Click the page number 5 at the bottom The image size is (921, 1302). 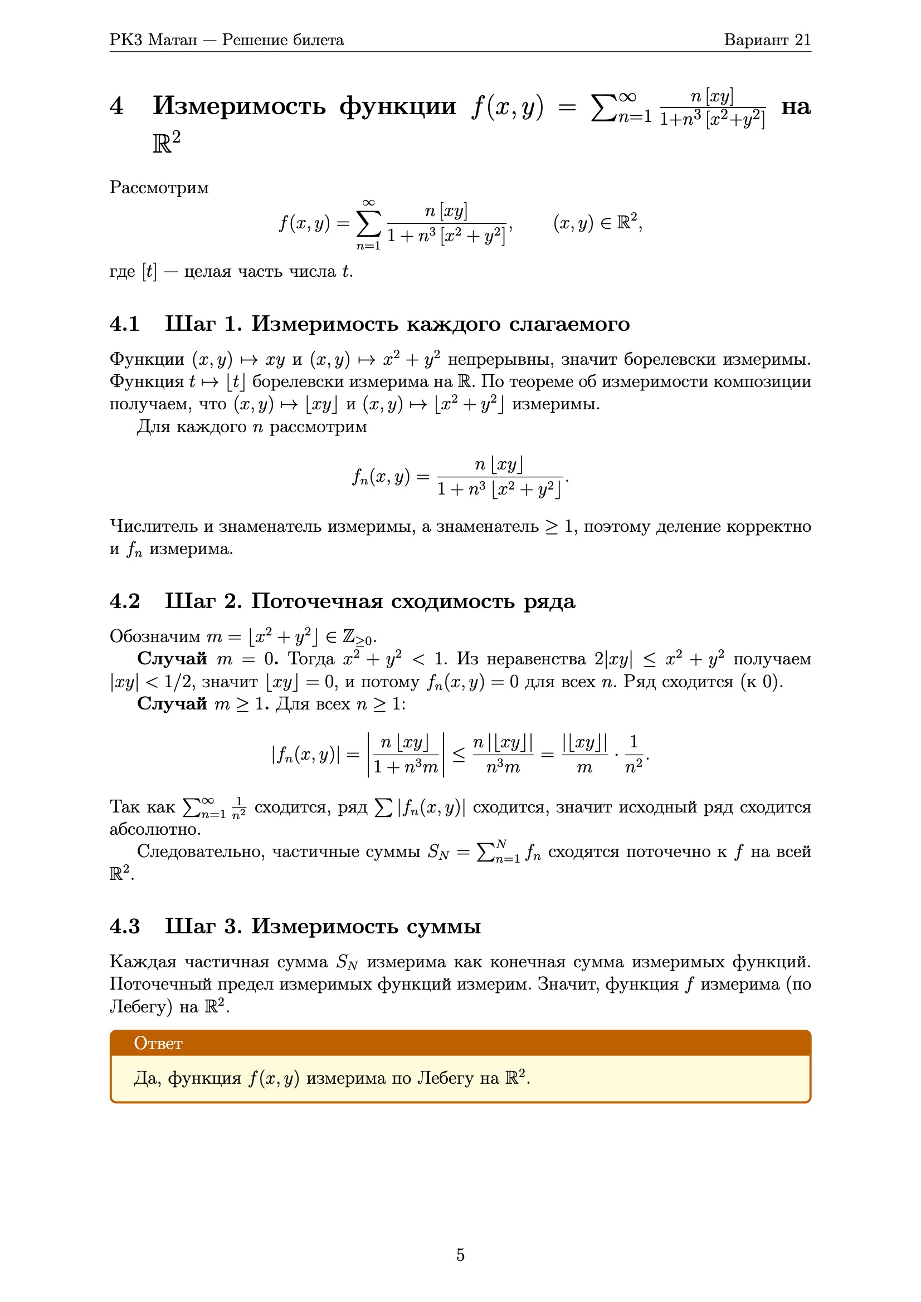460,1255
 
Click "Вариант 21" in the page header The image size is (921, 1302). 767,40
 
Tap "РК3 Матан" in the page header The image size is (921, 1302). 153,40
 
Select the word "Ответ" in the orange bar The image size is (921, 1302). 158,1044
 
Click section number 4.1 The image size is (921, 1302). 125,324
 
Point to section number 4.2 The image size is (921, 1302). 125,601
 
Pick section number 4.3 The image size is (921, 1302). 125,927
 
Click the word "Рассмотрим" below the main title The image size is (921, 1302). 159,188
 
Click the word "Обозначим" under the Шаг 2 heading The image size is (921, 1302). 155,637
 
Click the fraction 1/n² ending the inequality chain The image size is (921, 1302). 634,754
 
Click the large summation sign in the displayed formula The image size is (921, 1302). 369,224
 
